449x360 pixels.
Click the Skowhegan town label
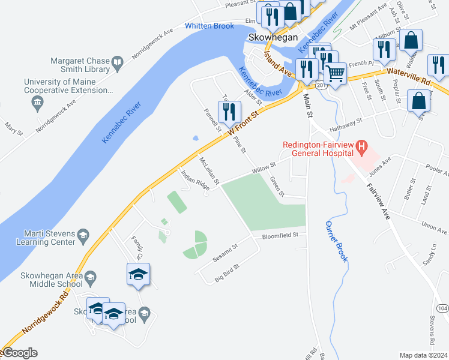[273, 37]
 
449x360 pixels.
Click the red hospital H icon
[361, 145]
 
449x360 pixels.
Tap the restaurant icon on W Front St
[229, 112]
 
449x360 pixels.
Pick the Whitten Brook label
[209, 26]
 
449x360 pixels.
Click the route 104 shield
[442, 308]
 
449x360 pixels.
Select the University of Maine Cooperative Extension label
[68, 86]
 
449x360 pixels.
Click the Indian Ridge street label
[195, 180]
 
